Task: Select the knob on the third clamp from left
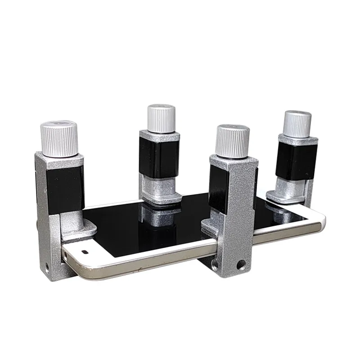click(x=232, y=140)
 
